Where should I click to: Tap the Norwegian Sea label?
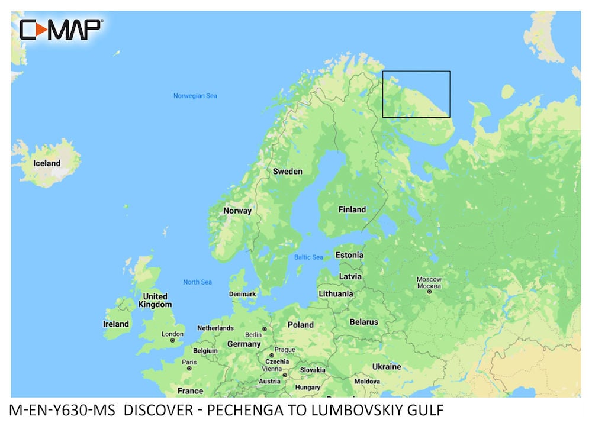coord(195,96)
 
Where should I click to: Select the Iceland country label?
coord(47,163)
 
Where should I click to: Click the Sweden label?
coord(287,172)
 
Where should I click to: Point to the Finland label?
coord(352,209)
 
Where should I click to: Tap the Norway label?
coord(237,211)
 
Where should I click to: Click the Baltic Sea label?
coord(308,257)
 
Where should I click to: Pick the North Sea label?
coord(197,282)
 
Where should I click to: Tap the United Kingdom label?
coord(155,301)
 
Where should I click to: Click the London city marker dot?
coord(173,341)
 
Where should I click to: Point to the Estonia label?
coord(349,256)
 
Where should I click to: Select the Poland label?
coord(300,325)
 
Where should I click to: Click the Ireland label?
coord(115,324)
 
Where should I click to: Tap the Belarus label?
coord(363,322)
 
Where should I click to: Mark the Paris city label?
coord(189,362)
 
